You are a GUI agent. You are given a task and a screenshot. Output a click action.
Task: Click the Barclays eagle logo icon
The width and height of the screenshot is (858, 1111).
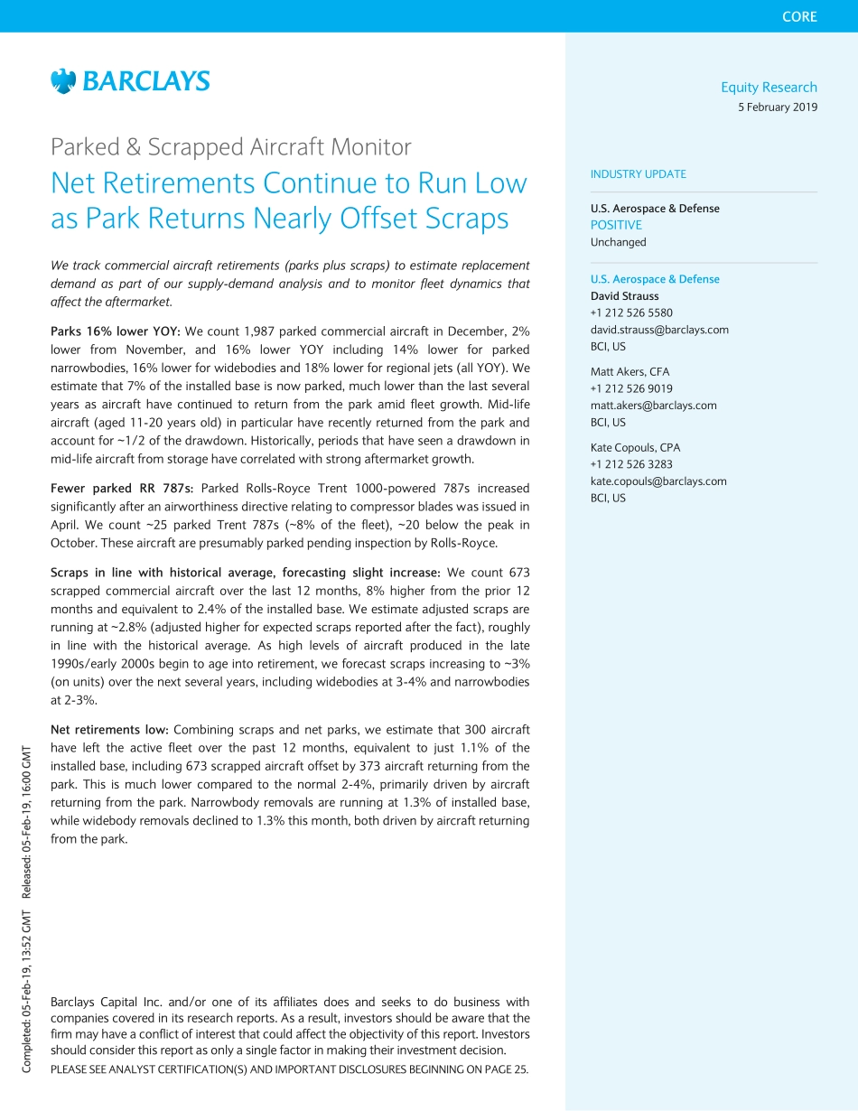pos(63,81)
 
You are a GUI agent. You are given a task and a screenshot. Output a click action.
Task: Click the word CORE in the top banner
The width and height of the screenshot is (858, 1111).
pos(799,16)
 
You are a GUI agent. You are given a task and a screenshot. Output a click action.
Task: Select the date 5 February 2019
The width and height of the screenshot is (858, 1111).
pos(778,107)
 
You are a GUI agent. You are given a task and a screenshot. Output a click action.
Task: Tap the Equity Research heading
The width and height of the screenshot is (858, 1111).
pos(769,87)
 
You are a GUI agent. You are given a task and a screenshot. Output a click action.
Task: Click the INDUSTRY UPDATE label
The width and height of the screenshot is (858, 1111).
pos(638,174)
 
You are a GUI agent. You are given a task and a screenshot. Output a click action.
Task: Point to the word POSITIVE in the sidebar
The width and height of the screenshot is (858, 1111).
pos(616,225)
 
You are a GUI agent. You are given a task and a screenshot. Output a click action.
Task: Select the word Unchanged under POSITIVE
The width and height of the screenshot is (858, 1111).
pos(619,242)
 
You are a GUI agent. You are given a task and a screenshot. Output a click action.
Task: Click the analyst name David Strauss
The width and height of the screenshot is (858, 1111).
pos(625,296)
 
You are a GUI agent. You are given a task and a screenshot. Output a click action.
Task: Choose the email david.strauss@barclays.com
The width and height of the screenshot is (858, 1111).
pos(659,330)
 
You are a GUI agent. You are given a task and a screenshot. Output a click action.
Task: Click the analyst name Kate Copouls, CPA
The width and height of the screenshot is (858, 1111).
pos(635,447)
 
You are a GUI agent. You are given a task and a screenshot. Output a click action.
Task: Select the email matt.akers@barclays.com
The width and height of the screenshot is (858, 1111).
pos(654,406)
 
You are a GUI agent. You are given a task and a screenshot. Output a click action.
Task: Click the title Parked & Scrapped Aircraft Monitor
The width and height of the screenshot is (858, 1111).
pos(231,146)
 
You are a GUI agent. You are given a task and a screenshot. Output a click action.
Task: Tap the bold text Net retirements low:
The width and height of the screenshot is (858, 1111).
pos(109,730)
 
